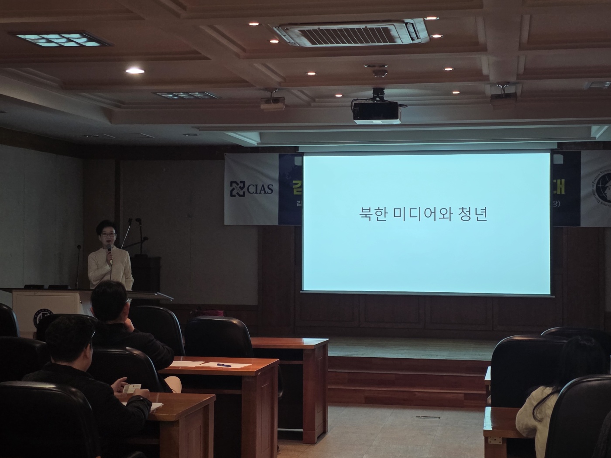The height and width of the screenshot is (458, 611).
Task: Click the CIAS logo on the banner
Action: click(x=251, y=188)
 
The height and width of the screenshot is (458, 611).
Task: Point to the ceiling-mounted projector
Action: click(x=376, y=111)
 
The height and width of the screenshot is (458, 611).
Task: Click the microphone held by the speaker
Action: click(x=110, y=253)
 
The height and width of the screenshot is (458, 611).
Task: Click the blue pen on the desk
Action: click(x=223, y=365)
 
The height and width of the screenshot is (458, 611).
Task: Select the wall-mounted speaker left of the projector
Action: click(x=272, y=101)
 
